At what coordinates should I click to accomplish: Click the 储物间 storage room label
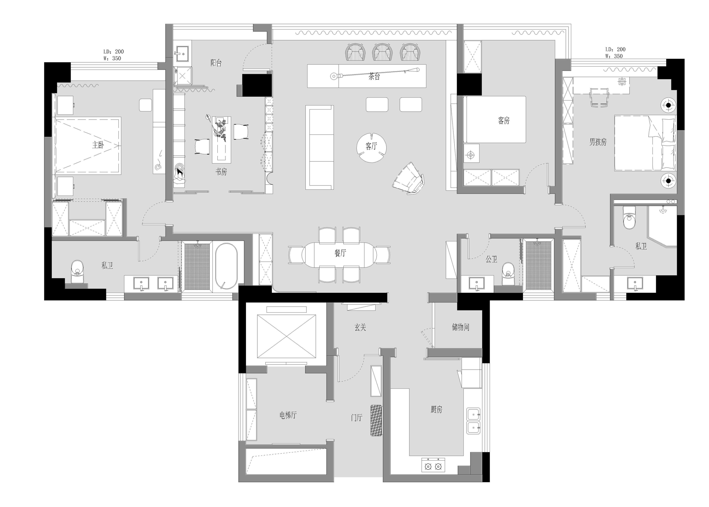pos(460,327)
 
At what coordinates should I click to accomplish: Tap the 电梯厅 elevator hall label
pos(288,415)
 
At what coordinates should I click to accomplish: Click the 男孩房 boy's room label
pos(598,142)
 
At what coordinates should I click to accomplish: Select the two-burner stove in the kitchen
pos(433,465)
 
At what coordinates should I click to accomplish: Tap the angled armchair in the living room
pos(408,178)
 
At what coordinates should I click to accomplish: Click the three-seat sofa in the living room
pos(319,147)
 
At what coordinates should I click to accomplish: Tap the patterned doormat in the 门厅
pos(376,420)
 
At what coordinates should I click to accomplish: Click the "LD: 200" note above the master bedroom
pos(113,51)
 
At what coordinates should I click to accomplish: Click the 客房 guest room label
pos(504,121)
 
